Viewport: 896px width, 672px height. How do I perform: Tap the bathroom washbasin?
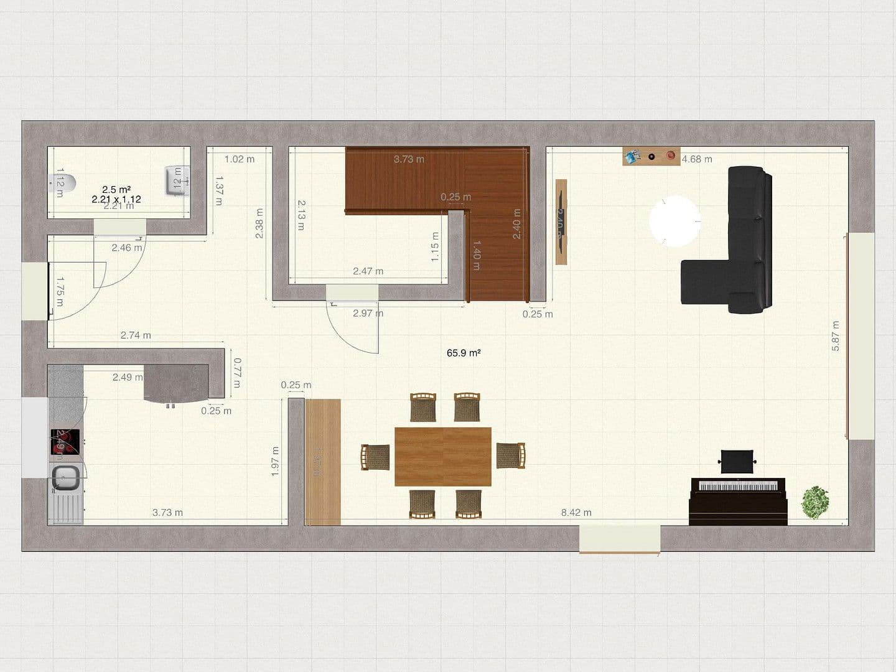coord(175,180)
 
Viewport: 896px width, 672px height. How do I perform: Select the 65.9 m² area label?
coord(464,353)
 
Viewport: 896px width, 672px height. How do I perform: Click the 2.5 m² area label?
coord(116,189)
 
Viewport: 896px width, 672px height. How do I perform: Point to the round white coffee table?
coord(674,221)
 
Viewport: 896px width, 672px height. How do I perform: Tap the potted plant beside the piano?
coord(815,502)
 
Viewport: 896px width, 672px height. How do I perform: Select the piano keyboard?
coord(738,485)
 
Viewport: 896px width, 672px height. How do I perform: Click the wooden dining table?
coord(443,456)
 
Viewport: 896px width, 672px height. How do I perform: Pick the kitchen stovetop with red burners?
coord(66,442)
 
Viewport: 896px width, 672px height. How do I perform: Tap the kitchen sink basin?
coord(65,478)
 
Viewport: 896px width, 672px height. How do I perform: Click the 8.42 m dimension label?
coord(576,513)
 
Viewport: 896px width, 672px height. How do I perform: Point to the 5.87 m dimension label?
coord(836,336)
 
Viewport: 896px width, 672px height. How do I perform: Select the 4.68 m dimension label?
coord(697,159)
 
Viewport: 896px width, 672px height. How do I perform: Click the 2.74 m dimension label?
coord(136,335)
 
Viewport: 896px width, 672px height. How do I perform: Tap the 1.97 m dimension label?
coord(275,462)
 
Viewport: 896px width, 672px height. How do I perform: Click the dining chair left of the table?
coord(376,457)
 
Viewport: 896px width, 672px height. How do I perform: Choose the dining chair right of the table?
coord(511,455)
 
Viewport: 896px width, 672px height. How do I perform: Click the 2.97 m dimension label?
coord(368,313)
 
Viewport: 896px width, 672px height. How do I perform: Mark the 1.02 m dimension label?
coord(240,159)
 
